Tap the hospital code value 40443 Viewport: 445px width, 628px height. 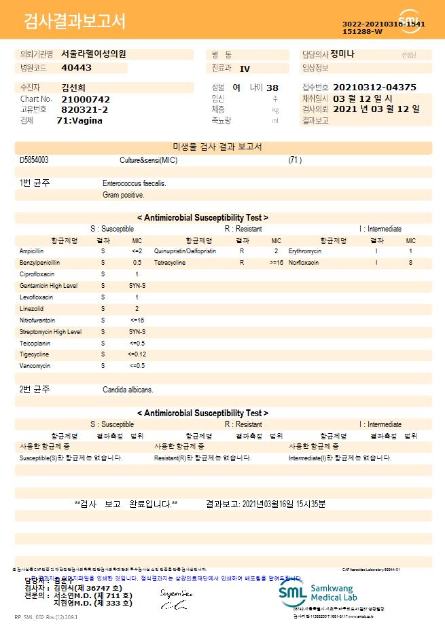pyautogui.click(x=76, y=68)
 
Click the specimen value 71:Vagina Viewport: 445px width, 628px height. pyautogui.click(x=79, y=120)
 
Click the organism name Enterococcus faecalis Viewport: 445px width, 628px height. pyautogui.click(x=135, y=183)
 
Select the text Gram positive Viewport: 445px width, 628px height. pyautogui.click(x=124, y=195)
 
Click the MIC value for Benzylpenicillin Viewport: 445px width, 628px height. pyautogui.click(x=137, y=263)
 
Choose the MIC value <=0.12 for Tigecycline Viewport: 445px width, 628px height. pyautogui.click(x=137, y=354)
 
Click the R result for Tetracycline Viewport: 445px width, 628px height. pyautogui.click(x=242, y=263)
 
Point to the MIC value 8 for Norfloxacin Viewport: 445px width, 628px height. pyautogui.click(x=410, y=263)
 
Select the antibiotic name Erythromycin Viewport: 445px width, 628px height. pyautogui.click(x=305, y=251)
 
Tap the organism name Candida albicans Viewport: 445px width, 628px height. pyautogui.click(x=128, y=390)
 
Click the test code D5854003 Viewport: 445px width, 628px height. pyautogui.click(x=34, y=160)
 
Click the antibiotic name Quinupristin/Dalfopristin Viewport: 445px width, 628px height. pyautogui.click(x=185, y=251)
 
